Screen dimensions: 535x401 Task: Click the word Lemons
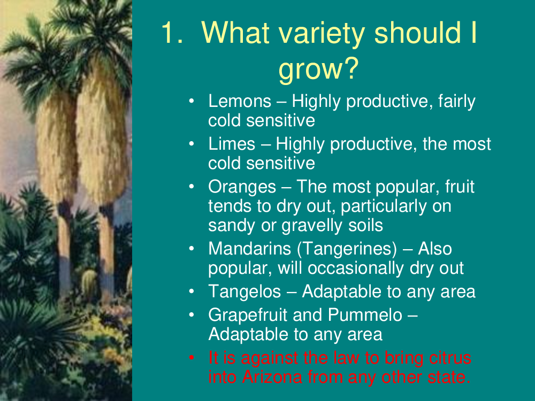240,101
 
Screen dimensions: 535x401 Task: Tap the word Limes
232,144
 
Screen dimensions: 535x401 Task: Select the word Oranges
242,187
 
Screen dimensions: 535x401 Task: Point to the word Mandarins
250,249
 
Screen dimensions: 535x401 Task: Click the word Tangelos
244,292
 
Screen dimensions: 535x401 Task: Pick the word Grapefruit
248,315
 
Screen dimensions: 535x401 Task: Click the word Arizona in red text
272,377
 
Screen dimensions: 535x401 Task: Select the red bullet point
192,358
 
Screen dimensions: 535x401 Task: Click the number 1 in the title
172,33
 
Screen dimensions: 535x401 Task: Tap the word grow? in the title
318,69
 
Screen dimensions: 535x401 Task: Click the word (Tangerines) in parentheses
347,249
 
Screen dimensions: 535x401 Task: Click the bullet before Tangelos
192,291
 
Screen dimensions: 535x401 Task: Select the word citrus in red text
450,358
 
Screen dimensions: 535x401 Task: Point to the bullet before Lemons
192,101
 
